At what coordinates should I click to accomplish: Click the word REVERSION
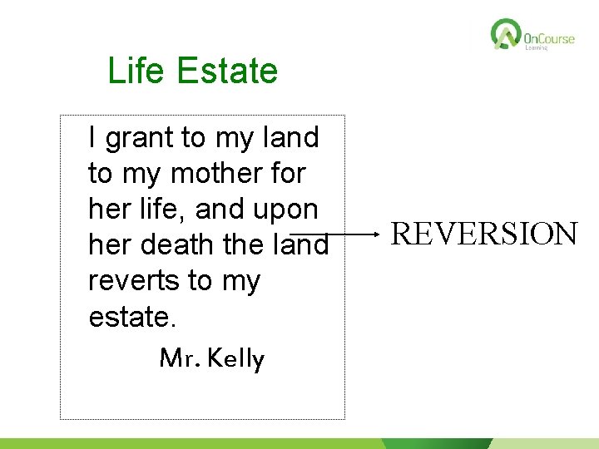coord(484,234)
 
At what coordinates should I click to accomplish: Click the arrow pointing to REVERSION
coord(333,235)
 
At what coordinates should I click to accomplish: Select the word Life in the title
coord(133,72)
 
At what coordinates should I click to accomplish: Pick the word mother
coord(217,174)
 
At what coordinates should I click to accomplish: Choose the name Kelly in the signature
coord(236,359)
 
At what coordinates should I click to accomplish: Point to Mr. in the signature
coord(179,359)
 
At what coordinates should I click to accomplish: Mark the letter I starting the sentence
coord(92,138)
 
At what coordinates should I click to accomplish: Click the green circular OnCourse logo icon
coord(505,35)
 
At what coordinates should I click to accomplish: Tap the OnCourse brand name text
coord(549,38)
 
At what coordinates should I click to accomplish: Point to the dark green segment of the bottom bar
coord(437,443)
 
